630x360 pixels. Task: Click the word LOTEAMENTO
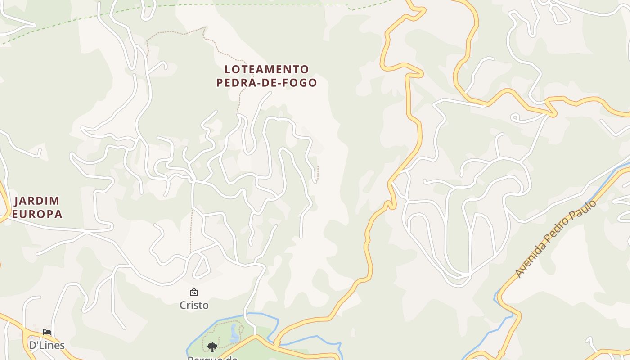click(x=267, y=69)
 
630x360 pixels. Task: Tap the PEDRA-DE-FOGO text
click(x=267, y=83)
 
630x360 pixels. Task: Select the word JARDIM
click(x=37, y=201)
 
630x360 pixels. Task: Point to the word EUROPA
click(x=37, y=214)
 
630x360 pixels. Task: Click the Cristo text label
click(x=194, y=305)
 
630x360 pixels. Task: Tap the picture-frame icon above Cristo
click(x=194, y=292)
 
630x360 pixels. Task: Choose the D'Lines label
click(x=47, y=345)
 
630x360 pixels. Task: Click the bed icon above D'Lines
click(x=47, y=332)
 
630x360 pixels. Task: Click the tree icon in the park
click(x=212, y=346)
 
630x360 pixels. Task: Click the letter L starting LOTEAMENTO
click(x=228, y=69)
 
